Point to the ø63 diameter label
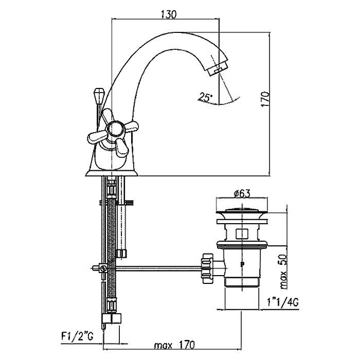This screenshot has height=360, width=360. point(241,193)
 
